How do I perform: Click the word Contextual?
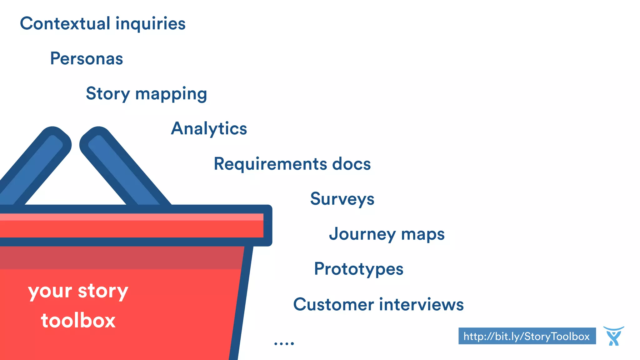[x=65, y=24]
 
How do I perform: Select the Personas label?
[x=87, y=59]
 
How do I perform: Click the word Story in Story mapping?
[x=108, y=94]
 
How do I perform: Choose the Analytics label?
[x=209, y=129]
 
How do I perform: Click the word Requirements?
[x=270, y=164]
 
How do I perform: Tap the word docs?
[x=351, y=164]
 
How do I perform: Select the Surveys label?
[x=342, y=199]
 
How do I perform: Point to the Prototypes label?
[x=359, y=269]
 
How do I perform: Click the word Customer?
[x=333, y=304]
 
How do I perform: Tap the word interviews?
[x=422, y=304]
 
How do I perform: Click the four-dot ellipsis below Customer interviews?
[x=284, y=343]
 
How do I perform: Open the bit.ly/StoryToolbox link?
[x=527, y=336]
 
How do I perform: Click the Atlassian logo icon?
[x=613, y=336]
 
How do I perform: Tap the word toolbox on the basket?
[x=78, y=321]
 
